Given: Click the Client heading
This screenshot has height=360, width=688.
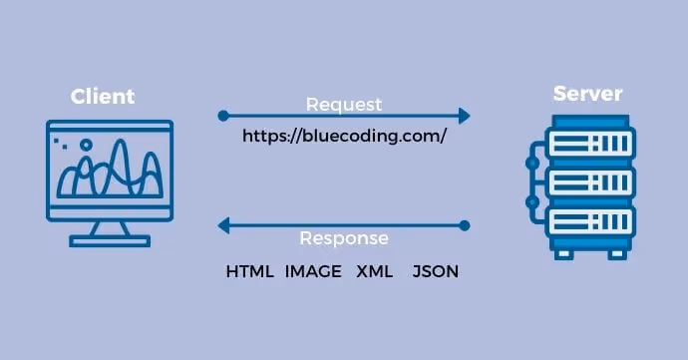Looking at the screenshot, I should tap(103, 97).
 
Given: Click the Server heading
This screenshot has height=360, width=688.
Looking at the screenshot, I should tap(587, 94).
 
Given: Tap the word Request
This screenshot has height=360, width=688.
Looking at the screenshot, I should tap(344, 104).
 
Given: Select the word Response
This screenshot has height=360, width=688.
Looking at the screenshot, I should tap(344, 239).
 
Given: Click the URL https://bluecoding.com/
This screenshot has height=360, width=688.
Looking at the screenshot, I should tap(344, 137).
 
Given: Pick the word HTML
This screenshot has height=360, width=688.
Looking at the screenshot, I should tap(249, 271).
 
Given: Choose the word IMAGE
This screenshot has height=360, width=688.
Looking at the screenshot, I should tap(313, 271).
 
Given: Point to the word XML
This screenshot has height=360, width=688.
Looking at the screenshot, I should tap(375, 271).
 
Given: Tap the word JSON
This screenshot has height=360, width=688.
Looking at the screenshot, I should tap(435, 271).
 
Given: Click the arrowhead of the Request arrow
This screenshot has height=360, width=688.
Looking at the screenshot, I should tap(464, 116).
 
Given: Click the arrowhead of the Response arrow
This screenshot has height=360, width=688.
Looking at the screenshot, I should tap(224, 226).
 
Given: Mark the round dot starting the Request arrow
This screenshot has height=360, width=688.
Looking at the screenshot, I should tap(223, 116).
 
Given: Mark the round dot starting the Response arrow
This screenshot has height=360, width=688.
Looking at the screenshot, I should tap(465, 226).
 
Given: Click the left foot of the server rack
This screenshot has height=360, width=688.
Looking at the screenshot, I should tap(565, 253).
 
